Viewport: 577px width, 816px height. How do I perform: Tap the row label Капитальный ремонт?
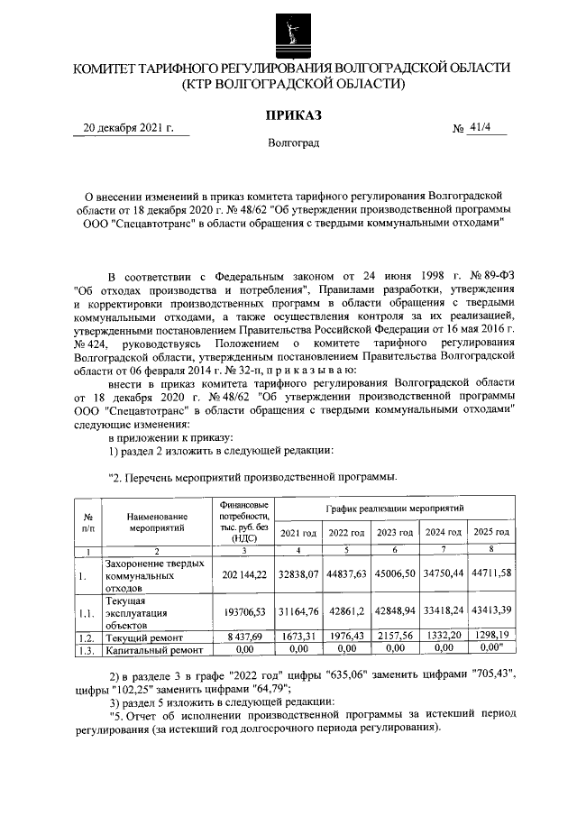point(150,648)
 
